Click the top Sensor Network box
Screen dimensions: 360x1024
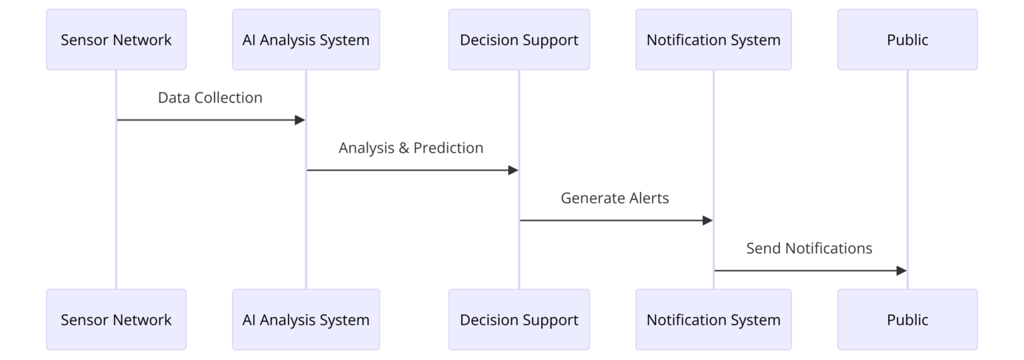(x=116, y=39)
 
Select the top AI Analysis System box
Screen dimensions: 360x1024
(x=306, y=39)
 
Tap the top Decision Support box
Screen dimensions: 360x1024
(x=519, y=39)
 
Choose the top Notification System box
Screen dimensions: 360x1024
(x=713, y=39)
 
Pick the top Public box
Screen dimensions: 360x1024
(x=907, y=39)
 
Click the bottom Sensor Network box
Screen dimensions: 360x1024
(x=116, y=319)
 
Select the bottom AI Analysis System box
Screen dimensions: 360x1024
(x=306, y=319)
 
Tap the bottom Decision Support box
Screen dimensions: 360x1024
(x=519, y=319)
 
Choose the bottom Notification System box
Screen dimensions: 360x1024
(x=713, y=319)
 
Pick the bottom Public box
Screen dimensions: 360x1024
(x=907, y=319)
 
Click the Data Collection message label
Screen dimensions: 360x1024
(x=210, y=98)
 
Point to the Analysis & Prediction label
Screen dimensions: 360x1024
(x=411, y=148)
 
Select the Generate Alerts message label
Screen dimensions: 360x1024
(x=615, y=198)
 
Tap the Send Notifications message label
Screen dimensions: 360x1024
(x=809, y=249)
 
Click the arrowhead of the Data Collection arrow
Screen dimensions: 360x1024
(x=300, y=120)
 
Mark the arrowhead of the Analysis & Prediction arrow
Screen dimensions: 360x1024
(x=513, y=170)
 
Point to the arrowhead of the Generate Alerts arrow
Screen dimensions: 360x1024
(x=707, y=220)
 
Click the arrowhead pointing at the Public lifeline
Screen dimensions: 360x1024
(x=901, y=271)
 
